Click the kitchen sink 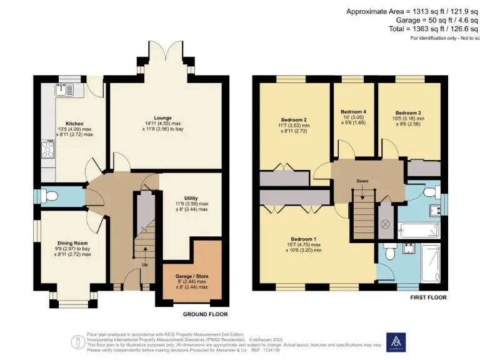pos(65,89)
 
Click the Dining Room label pos(72,242)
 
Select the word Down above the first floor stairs pos(362,181)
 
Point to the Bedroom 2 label pos(293,119)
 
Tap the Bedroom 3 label pos(407,112)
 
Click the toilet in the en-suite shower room pos(389,253)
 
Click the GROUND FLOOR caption pos(205,314)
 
